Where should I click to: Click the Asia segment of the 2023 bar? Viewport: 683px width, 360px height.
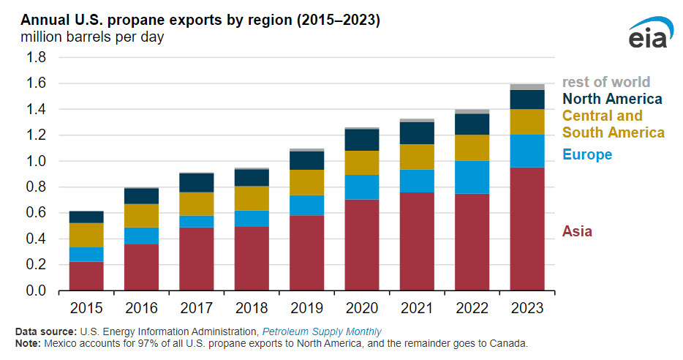527,229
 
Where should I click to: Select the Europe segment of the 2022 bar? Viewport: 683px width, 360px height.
472,177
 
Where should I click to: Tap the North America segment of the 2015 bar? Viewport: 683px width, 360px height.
87,217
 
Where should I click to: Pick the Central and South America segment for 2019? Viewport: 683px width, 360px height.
307,182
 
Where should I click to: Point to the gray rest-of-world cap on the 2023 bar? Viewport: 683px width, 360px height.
527,87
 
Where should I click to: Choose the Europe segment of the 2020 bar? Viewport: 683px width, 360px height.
362,187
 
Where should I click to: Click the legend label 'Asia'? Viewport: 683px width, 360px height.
577,232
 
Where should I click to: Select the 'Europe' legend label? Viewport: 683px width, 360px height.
587,154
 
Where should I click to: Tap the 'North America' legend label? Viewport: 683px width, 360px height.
612,99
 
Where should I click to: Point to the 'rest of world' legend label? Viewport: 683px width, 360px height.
605,82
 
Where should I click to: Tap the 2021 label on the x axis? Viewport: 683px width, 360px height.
417,307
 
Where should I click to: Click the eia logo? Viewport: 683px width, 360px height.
649,34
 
